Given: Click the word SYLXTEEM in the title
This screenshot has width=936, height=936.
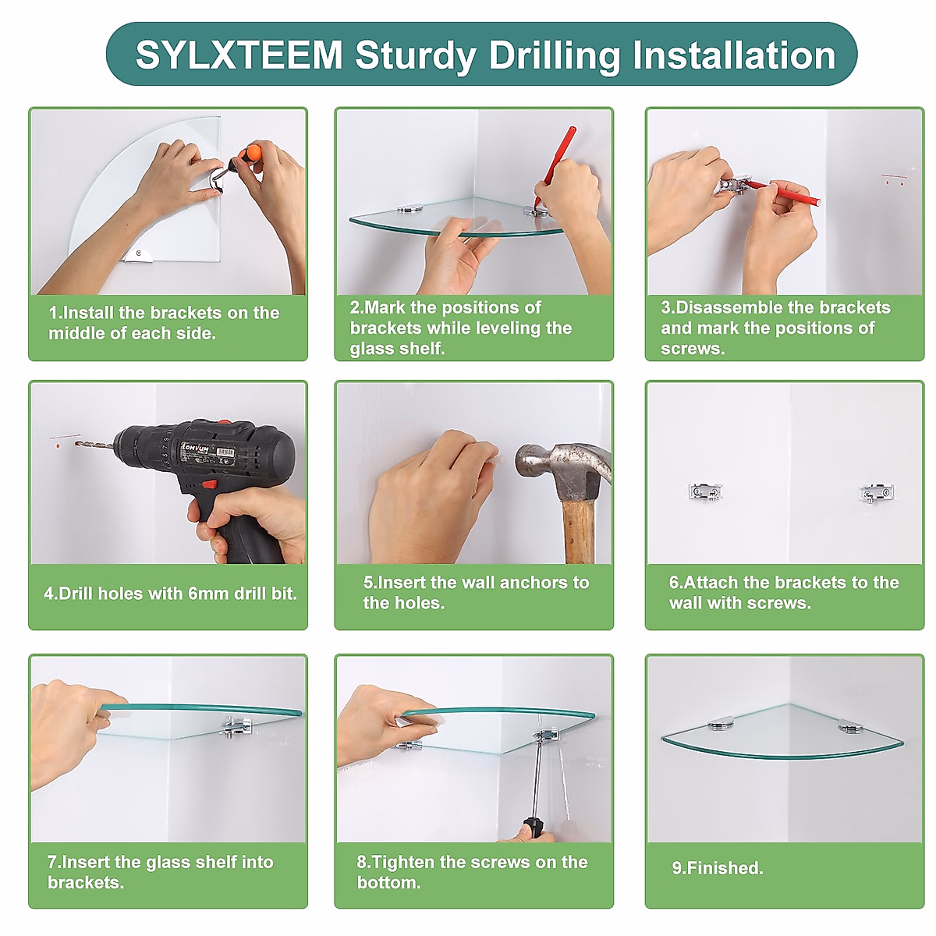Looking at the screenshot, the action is (239, 55).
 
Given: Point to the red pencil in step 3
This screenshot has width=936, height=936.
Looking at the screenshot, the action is (782, 192).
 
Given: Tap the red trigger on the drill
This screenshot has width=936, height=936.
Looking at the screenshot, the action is (209, 484).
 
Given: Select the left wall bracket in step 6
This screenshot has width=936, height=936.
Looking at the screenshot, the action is (705, 491).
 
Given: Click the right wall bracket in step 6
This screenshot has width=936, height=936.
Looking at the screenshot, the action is (877, 493).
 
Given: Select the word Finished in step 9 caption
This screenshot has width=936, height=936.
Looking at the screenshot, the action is (725, 868).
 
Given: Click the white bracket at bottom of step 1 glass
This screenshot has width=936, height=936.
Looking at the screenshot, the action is (137, 255).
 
